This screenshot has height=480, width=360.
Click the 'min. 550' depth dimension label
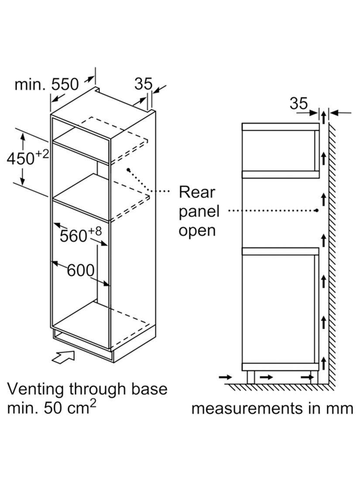pyautogui.click(x=47, y=84)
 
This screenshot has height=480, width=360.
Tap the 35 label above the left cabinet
pyautogui.click(x=143, y=84)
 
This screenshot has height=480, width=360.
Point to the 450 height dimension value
pyautogui.click(x=21, y=159)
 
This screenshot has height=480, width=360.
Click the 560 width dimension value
pyautogui.click(x=73, y=236)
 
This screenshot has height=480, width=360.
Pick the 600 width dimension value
pyautogui.click(x=81, y=270)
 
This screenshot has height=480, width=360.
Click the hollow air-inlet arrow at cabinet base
pyautogui.click(x=64, y=357)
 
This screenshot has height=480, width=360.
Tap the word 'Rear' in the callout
pyautogui.click(x=197, y=192)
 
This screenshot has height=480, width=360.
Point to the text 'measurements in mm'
pyautogui.click(x=272, y=409)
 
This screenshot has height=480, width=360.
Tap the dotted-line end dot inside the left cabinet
pyautogui.click(x=129, y=169)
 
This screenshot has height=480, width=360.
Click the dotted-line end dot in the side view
pyautogui.click(x=317, y=210)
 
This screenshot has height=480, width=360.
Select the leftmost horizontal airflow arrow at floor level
pyautogui.click(x=226, y=377)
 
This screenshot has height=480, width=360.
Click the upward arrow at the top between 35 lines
pyautogui.click(x=324, y=117)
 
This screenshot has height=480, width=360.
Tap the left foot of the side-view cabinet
pyautogui.click(x=251, y=377)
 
